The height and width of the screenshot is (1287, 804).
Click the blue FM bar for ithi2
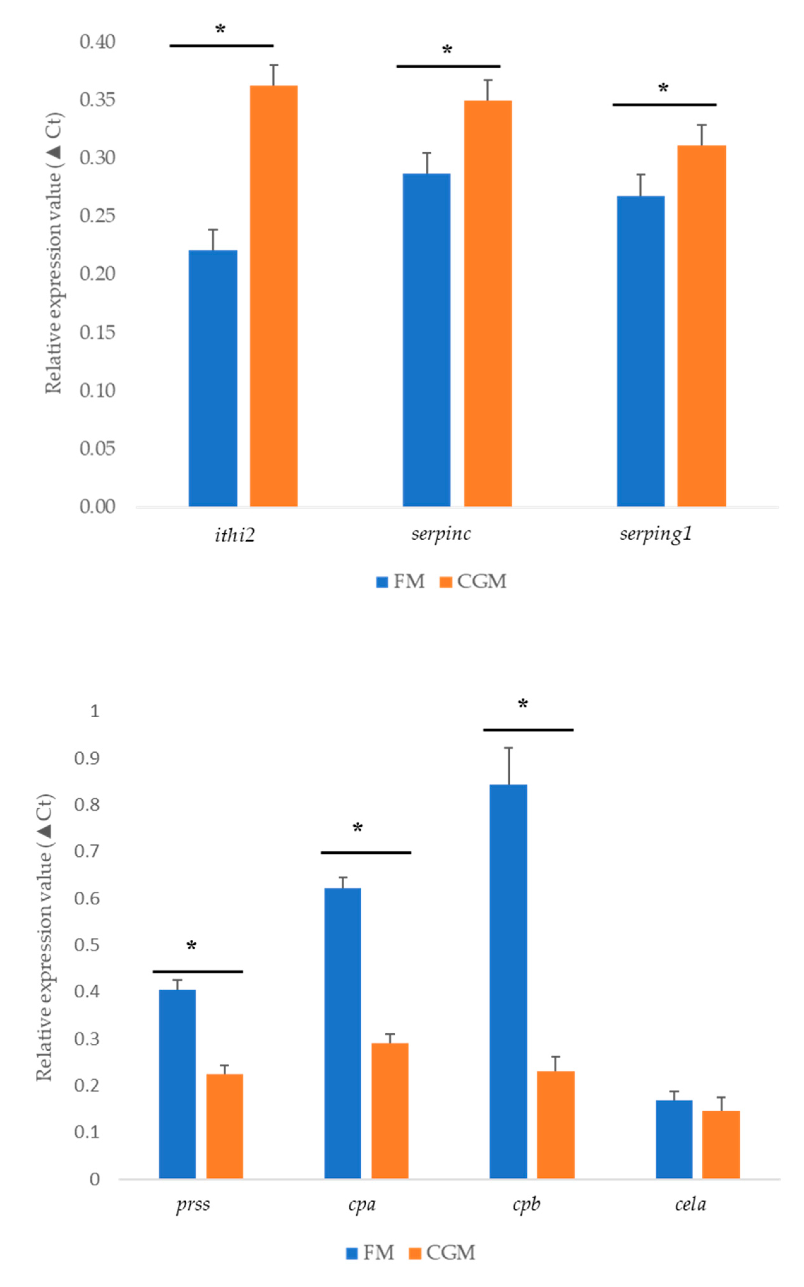coord(213,378)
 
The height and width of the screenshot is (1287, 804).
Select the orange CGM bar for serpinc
coord(488,303)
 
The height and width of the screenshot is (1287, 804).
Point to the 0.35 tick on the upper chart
coord(97,100)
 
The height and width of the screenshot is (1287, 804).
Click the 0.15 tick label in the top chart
coord(97,332)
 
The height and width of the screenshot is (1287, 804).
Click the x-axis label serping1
coord(656,534)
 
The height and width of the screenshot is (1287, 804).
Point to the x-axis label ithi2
coord(235,534)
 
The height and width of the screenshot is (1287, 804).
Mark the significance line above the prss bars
coord(198,972)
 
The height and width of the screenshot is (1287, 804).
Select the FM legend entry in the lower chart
coord(371,1253)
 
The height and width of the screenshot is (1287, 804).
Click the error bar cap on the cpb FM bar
coord(508,748)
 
